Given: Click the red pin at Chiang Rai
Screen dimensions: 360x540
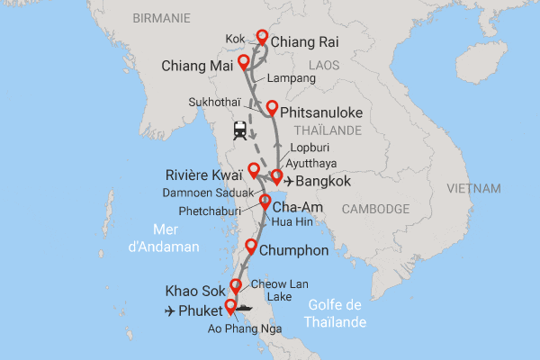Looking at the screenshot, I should coord(263,38).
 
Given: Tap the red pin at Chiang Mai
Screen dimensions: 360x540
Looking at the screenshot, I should coord(243,63).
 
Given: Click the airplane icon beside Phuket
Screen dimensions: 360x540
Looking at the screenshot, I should coord(171,311).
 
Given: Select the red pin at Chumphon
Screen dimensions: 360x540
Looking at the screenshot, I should coord(251,247).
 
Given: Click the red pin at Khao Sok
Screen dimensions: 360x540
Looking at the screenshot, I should coord(236,286).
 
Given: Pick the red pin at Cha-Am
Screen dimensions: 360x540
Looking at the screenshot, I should coord(265,202).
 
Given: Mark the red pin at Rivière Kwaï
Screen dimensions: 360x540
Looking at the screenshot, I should coord(254,169).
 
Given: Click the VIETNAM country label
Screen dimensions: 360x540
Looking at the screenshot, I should coord(473,189).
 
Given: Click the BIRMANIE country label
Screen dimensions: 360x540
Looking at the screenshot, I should coord(162,18).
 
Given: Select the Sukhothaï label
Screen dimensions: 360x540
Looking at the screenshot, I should coord(216,103).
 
